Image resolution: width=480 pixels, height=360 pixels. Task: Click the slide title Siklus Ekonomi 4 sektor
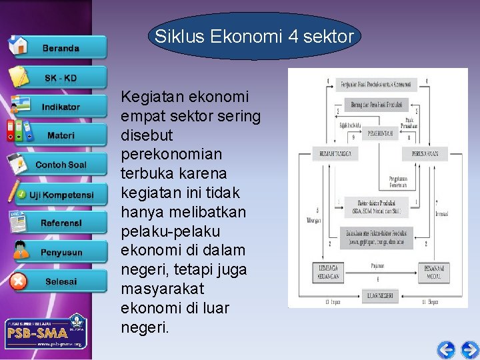(x=254, y=37)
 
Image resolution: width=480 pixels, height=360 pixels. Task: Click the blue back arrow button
(x=446, y=349)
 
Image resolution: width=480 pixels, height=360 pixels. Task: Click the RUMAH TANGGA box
(x=335, y=154)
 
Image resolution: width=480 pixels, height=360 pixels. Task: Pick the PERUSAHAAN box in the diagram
(x=425, y=154)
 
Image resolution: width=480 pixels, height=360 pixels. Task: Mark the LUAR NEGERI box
(x=379, y=295)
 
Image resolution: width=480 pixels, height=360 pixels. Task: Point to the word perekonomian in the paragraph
(x=174, y=154)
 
